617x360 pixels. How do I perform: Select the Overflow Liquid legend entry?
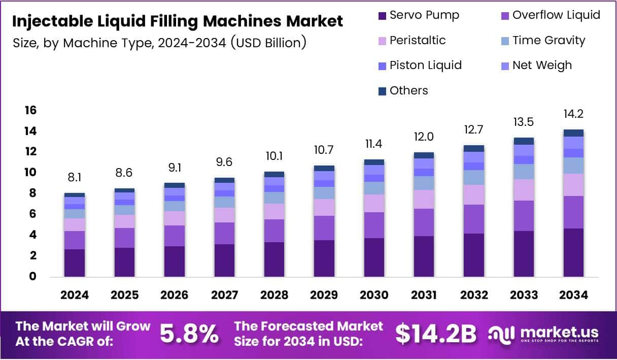550,15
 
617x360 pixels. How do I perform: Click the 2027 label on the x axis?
224,296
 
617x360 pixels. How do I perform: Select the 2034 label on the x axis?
573,296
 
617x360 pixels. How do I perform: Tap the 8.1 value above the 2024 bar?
75,178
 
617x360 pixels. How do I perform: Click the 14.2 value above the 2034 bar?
573,114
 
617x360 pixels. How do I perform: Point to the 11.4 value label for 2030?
374,144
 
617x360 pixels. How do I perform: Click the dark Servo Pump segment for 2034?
573,252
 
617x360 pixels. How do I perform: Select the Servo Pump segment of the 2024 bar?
75,263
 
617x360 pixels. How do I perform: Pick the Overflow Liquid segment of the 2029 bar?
324,228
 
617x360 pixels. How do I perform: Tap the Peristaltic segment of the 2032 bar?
474,194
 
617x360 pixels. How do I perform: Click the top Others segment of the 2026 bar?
175,185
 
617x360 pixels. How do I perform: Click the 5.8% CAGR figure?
189,334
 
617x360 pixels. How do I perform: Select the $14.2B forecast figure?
436,334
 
